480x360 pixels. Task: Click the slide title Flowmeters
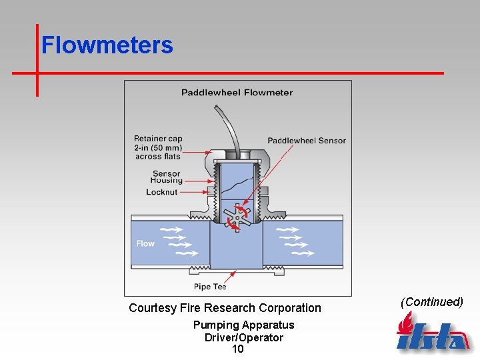tap(107, 45)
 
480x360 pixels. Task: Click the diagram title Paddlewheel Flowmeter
tap(237, 93)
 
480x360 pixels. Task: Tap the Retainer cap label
tap(158, 139)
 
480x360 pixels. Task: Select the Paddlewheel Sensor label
tap(307, 141)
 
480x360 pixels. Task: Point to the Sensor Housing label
tap(166, 177)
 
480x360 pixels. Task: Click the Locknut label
tap(162, 192)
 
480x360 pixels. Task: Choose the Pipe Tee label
tap(210, 287)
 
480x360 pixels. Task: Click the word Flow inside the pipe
tap(145, 243)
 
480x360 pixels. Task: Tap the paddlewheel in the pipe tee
tap(236, 218)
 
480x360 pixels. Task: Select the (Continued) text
tap(431, 302)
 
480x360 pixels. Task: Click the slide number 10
tap(238, 349)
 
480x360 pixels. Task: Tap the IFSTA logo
tap(433, 333)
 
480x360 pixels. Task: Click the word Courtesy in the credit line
tap(153, 308)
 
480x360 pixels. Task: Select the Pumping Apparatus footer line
tap(243, 325)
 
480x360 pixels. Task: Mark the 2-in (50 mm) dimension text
tap(158, 147)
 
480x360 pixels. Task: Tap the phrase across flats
tap(158, 157)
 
